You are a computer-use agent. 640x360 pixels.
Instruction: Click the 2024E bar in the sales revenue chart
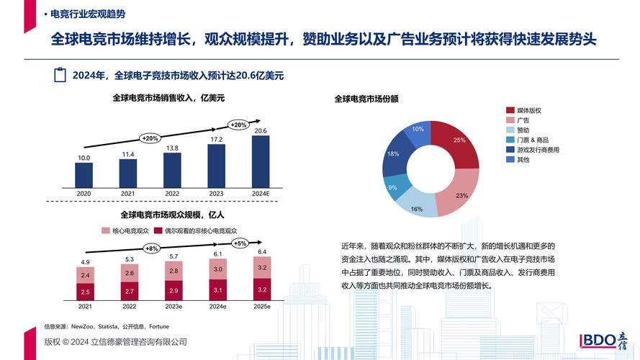[261, 161]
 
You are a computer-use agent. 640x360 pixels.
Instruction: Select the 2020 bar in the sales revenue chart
[84, 174]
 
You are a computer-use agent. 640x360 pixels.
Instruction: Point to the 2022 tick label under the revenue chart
[173, 194]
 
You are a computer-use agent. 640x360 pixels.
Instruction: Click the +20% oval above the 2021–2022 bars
[150, 138]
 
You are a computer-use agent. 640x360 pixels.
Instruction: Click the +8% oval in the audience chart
[152, 248]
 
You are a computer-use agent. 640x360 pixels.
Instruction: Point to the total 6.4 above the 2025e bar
[261, 252]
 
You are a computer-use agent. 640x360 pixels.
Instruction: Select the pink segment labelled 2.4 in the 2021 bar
[85, 275]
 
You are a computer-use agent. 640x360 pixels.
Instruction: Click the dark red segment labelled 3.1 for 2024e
[217, 289]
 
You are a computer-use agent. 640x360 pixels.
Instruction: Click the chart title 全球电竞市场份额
[366, 99]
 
